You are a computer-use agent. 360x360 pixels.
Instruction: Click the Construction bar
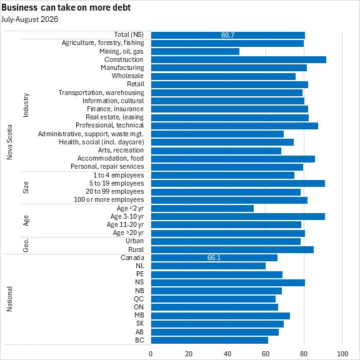239,60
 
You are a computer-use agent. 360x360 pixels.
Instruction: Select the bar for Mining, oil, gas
195,51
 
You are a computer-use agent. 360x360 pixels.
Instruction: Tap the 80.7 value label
227,35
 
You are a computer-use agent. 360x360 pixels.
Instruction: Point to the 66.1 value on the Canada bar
214,257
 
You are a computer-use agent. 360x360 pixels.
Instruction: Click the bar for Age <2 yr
202,209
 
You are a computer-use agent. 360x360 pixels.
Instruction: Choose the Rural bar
232,249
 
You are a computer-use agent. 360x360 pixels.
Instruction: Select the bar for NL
208,266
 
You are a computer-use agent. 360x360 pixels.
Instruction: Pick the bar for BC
209,340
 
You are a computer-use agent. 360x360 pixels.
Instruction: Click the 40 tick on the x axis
227,354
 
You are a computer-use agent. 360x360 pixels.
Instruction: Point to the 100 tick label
342,354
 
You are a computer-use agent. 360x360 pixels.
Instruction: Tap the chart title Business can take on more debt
66,7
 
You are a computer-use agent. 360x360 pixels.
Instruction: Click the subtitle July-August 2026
29,19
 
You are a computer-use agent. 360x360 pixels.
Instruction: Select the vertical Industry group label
26,105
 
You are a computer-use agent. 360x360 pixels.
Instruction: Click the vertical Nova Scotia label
9,142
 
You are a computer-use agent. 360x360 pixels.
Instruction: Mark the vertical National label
9,299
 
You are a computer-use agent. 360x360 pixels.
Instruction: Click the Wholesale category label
127,76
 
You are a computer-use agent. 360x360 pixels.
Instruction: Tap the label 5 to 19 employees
117,183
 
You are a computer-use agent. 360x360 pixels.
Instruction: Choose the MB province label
139,315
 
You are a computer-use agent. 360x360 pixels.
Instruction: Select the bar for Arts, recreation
216,151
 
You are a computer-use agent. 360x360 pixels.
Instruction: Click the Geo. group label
26,245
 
